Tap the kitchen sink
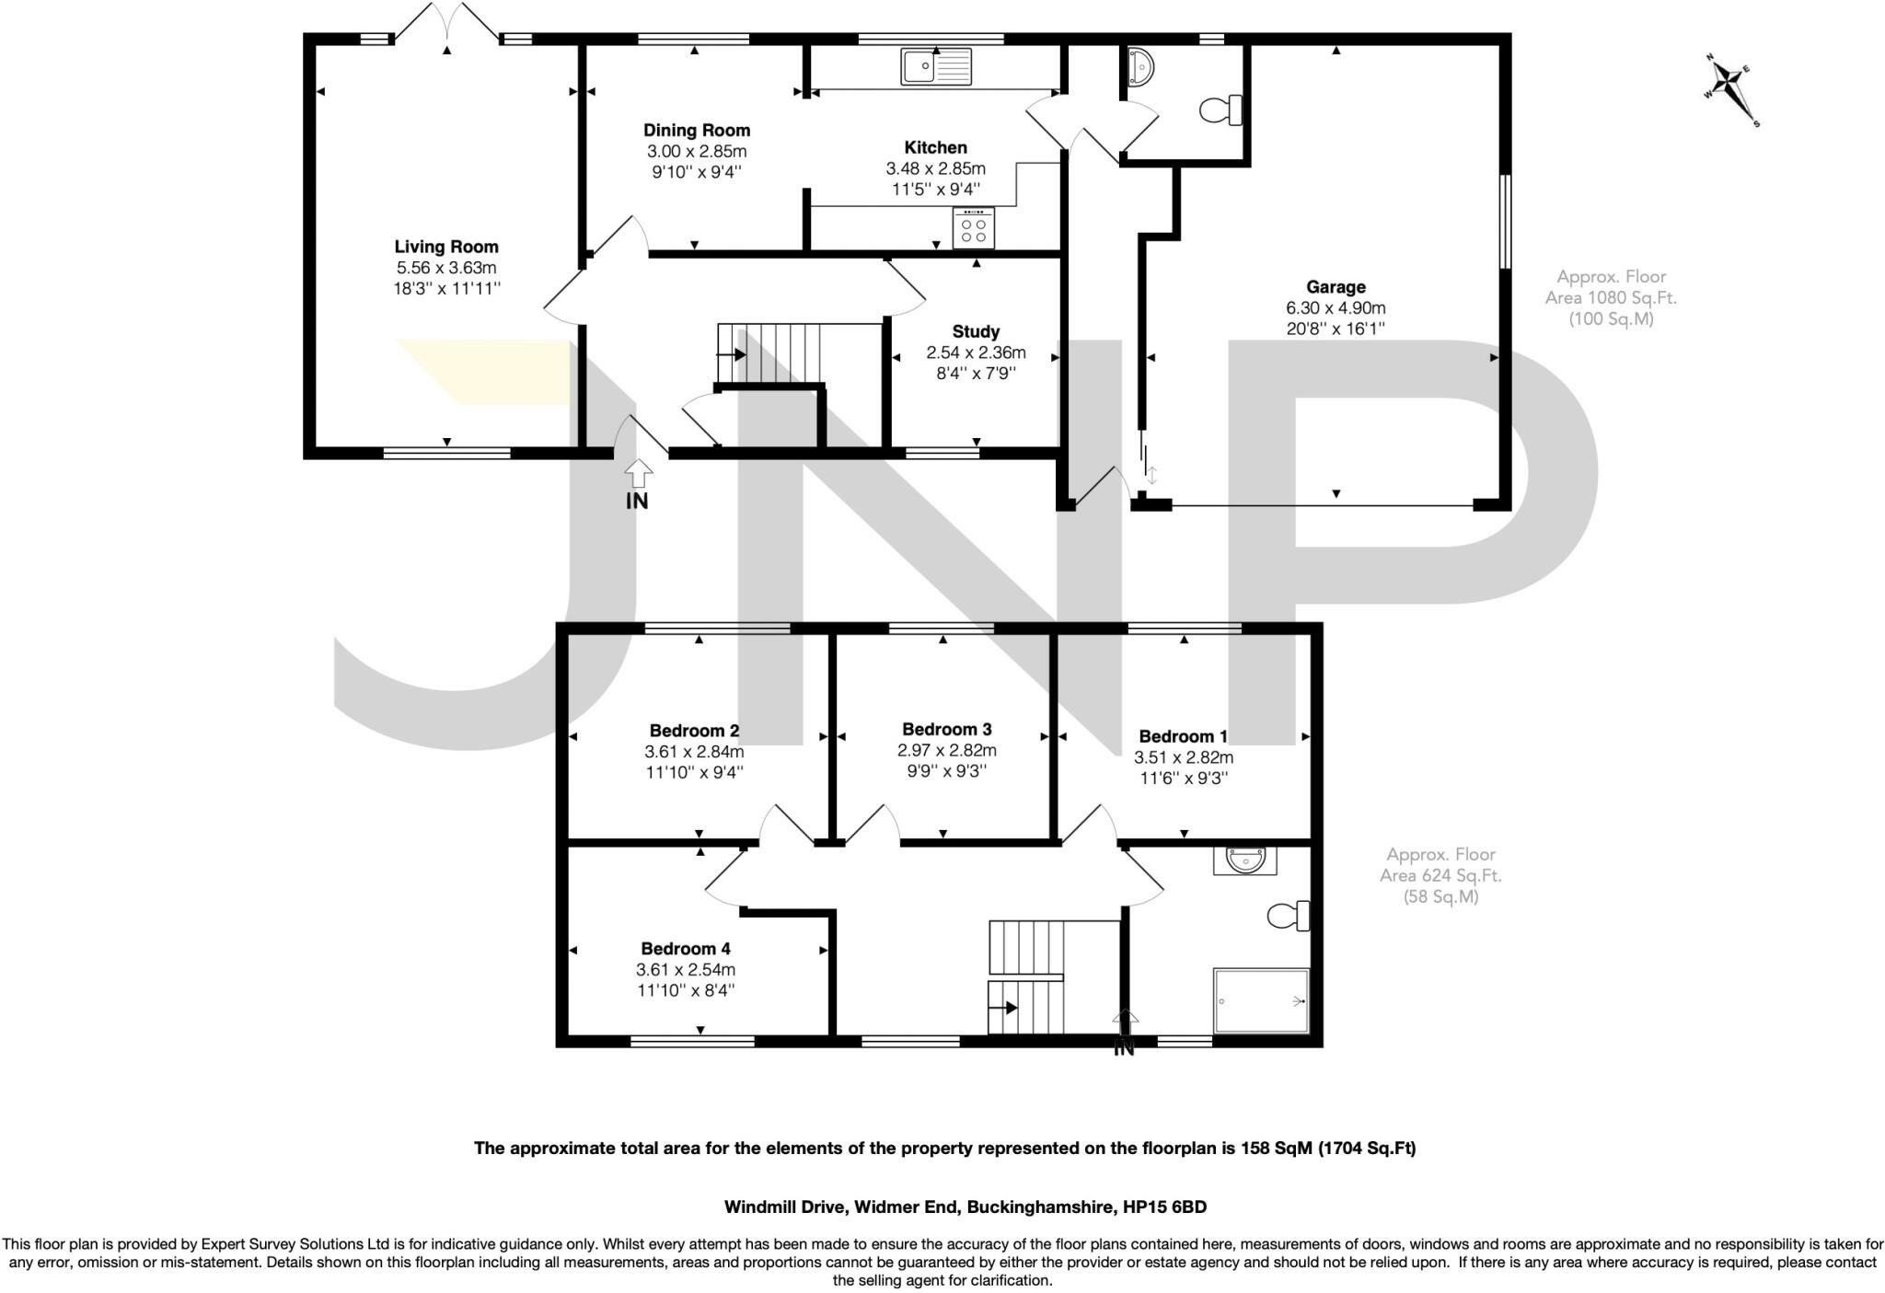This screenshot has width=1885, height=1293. coord(937,66)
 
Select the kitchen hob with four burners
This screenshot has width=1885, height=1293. coord(974,226)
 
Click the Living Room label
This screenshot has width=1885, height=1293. coord(446,247)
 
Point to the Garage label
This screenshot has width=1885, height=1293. coord(1336,287)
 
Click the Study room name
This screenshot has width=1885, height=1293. coord(976,331)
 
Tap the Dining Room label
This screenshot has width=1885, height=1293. coord(697,131)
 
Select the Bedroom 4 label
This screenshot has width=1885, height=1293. coord(686,948)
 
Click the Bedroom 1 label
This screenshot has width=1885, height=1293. coord(1183,736)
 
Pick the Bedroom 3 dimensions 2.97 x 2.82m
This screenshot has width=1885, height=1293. coord(946,750)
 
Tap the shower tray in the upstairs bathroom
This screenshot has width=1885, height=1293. coord(1261,1000)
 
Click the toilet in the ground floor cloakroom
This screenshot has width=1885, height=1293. coord(1222,110)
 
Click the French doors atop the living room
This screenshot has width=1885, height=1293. coord(447,22)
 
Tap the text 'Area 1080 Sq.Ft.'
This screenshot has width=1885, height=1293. coord(1611,297)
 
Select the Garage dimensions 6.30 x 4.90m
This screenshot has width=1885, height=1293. coord(1336,308)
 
